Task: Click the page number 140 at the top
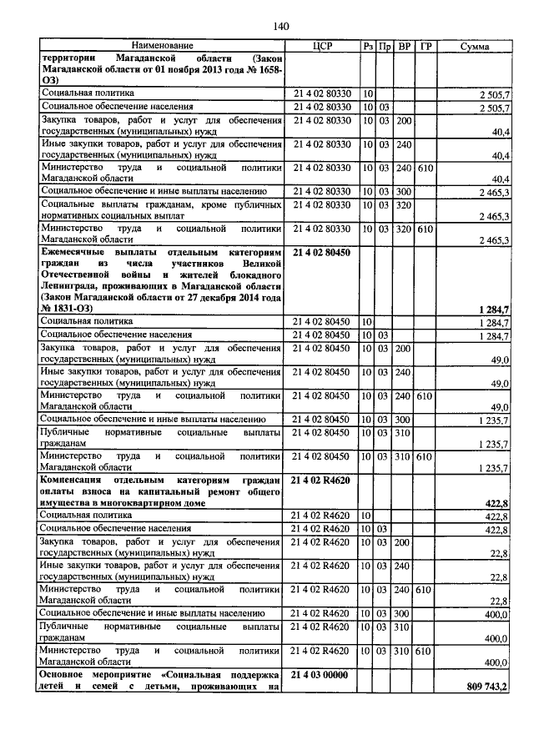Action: click(x=280, y=27)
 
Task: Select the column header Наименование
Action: click(x=162, y=45)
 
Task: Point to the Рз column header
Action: click(x=368, y=45)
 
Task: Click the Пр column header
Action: click(x=385, y=45)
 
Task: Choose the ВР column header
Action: click(x=404, y=45)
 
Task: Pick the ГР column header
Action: click(x=426, y=45)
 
